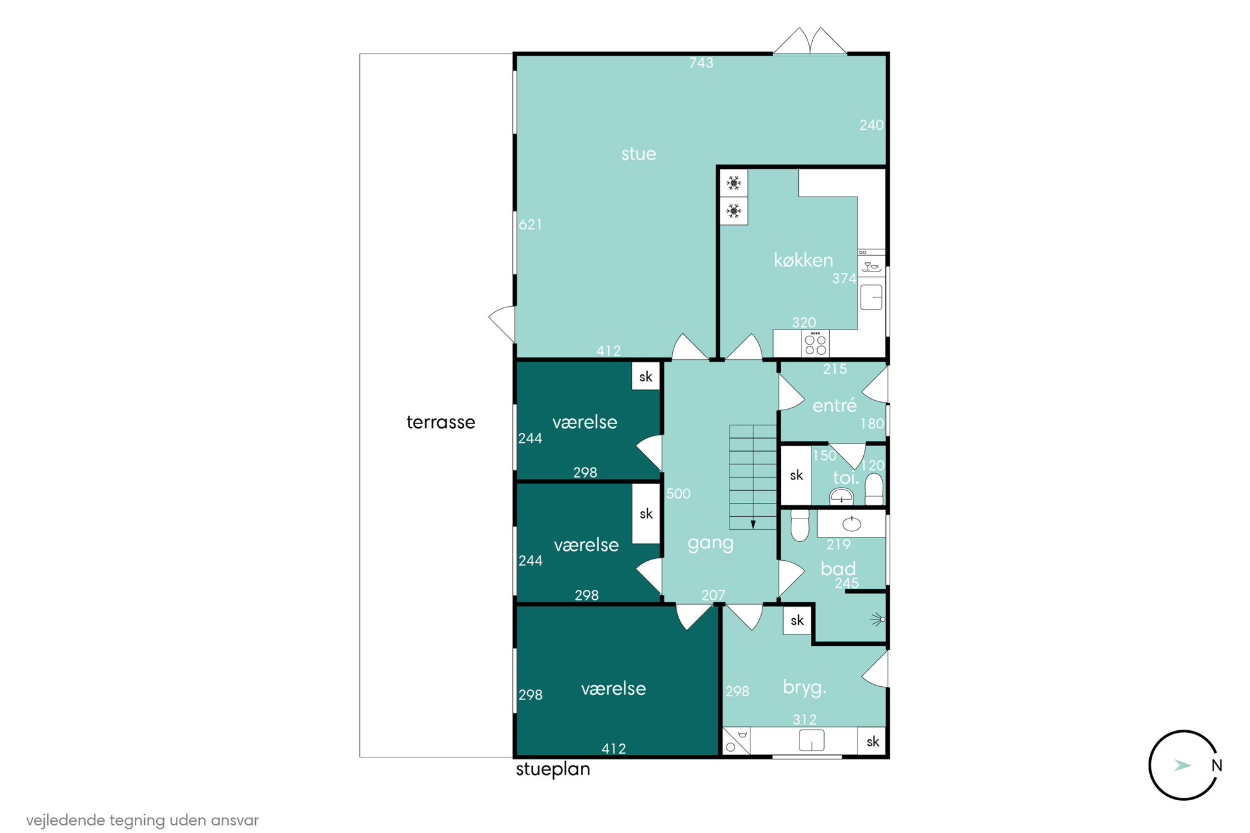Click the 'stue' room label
(638, 154)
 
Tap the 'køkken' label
(803, 260)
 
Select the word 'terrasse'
(441, 422)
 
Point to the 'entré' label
(835, 405)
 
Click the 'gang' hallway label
(711, 543)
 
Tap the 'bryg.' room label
(805, 687)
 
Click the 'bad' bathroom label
(838, 568)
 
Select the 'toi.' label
(846, 478)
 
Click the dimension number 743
(701, 62)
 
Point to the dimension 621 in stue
(530, 224)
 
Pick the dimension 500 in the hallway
(679, 493)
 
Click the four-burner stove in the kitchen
(815, 344)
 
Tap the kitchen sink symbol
(871, 297)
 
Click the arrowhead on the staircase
(753, 524)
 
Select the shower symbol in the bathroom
(878, 619)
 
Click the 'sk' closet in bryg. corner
(873, 742)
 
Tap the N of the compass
(1217, 766)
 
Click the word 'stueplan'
(553, 769)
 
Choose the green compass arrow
(1183, 766)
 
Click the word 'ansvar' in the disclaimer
(235, 820)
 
